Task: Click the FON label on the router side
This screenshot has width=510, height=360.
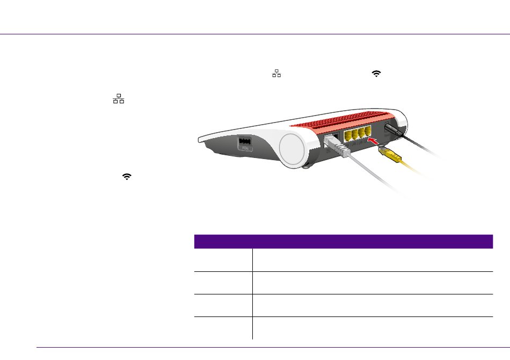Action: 245,148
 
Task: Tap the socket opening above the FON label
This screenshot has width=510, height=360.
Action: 245,141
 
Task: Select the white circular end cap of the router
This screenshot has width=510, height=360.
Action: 292,148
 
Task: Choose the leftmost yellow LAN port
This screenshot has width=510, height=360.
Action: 347,134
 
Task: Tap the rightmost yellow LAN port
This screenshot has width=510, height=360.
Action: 368,131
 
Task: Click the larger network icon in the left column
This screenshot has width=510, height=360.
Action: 119,99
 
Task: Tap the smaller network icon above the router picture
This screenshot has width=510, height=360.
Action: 276,73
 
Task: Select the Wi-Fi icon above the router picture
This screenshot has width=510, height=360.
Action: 376,74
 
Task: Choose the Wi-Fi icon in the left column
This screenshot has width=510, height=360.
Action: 127,176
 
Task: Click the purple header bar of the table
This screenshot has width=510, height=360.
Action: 344,241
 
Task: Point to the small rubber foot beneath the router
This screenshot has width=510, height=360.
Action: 306,167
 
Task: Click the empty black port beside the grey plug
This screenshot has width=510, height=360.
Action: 336,136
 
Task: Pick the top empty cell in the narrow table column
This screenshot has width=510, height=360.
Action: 223,260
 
